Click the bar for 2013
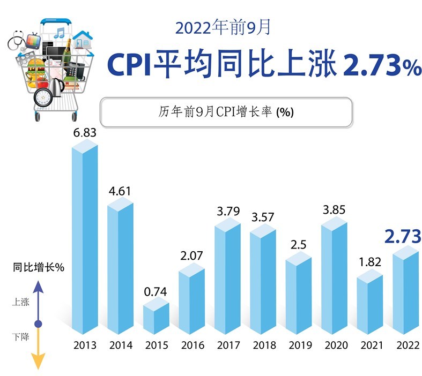(x=85, y=241)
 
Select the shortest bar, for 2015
(x=156, y=319)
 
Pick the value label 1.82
(x=369, y=263)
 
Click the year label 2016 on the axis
(x=191, y=345)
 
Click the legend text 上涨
(x=20, y=302)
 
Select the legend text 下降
(x=20, y=337)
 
